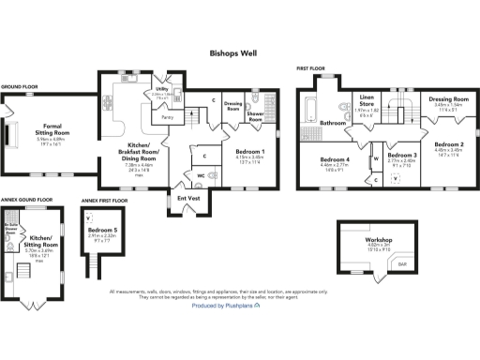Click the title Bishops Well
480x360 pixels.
(239, 54)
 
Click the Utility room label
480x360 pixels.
(158, 91)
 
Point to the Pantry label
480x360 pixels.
(165, 117)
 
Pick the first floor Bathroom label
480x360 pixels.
(332, 123)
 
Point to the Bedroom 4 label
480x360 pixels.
(335, 158)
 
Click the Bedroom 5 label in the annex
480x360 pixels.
(102, 230)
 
